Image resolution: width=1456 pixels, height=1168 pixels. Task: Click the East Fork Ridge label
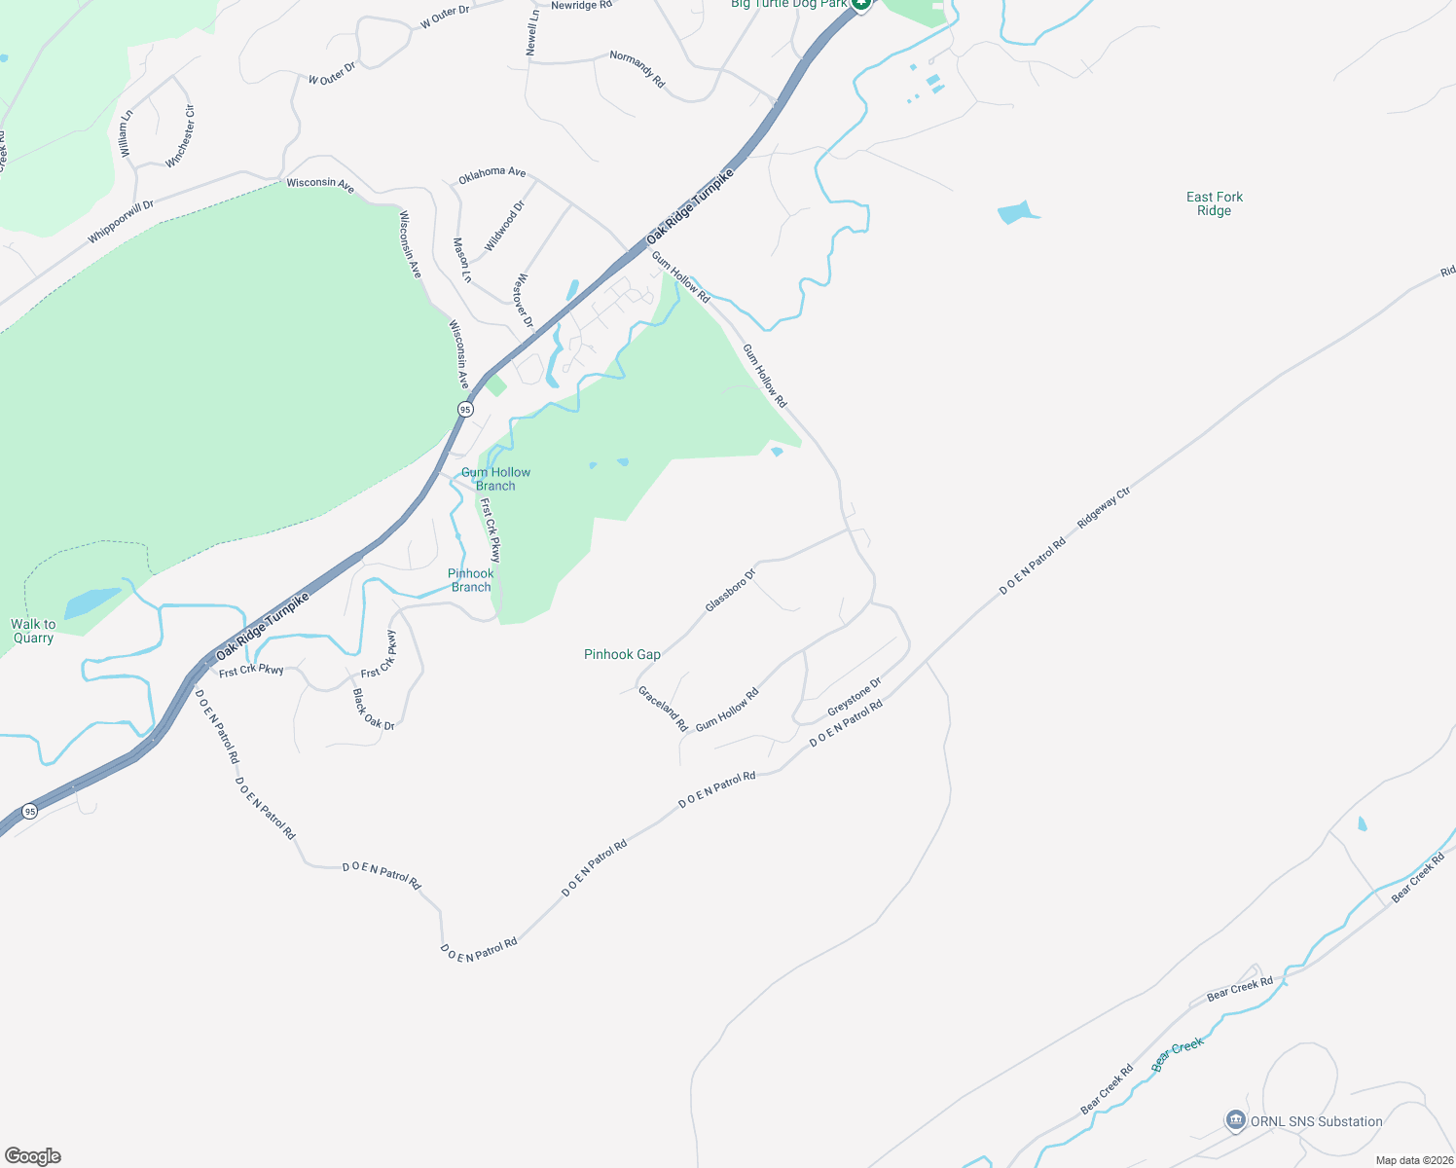[1214, 203]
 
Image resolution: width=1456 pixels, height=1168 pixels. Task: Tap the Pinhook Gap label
[622, 654]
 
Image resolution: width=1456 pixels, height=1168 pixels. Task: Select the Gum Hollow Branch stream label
[495, 479]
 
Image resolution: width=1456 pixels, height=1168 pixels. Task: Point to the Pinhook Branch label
[471, 580]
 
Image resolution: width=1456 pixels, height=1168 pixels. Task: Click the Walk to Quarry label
[33, 631]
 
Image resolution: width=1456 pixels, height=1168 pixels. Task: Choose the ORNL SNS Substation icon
[1235, 1121]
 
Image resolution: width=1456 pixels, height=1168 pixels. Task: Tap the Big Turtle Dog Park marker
[860, 5]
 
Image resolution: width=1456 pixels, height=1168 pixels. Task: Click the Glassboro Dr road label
[730, 591]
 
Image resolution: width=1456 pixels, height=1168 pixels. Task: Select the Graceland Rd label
[663, 709]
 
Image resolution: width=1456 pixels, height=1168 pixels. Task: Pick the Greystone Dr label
[854, 697]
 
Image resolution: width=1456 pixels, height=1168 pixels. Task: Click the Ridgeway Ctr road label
[1104, 508]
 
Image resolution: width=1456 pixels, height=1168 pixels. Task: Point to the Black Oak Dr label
[374, 710]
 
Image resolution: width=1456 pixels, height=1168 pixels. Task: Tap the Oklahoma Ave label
[491, 172]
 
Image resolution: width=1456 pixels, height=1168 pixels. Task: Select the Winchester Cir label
[181, 136]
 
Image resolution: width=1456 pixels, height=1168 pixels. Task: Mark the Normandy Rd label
[637, 70]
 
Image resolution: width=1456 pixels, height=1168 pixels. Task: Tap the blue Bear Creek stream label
[1178, 1054]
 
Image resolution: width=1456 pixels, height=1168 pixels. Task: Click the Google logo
[33, 1156]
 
